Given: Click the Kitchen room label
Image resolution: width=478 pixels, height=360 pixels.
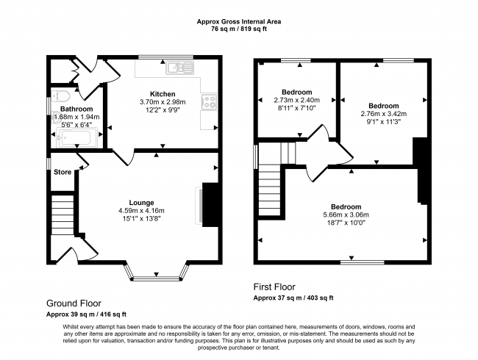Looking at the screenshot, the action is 163,94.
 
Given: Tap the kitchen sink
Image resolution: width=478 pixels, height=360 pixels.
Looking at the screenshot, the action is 180,68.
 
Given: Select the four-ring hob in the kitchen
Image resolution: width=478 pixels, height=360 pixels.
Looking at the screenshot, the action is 209,101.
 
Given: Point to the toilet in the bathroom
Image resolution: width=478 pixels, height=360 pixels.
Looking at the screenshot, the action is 60,96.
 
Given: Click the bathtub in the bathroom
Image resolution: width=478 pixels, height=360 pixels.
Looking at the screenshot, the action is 76,138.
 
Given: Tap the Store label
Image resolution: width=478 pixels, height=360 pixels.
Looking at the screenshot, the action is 63,172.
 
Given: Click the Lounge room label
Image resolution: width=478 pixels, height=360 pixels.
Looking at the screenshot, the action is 141,203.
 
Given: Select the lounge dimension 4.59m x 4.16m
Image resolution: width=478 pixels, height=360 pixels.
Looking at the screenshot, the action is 141,211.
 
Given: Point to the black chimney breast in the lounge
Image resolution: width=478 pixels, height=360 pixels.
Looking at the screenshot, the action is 210,205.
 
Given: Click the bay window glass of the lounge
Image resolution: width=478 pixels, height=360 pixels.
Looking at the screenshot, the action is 157,278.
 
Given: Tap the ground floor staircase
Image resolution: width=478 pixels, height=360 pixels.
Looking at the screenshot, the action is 63,215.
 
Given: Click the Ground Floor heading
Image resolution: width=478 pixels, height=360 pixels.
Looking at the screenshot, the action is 74,303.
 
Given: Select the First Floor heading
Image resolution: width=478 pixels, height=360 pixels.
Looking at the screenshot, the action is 274,287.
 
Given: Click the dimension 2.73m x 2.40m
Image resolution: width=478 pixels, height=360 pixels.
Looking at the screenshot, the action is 296,100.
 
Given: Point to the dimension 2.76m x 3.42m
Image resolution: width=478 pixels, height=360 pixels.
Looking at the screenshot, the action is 383,114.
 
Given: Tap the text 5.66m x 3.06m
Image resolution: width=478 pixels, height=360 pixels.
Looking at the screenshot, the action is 346,215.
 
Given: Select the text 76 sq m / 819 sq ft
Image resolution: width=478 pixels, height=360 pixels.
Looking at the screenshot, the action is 239,29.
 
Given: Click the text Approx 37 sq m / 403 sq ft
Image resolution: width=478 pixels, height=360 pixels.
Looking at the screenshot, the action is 293,298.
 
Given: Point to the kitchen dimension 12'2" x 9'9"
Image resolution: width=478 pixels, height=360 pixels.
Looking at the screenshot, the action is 163,110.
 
